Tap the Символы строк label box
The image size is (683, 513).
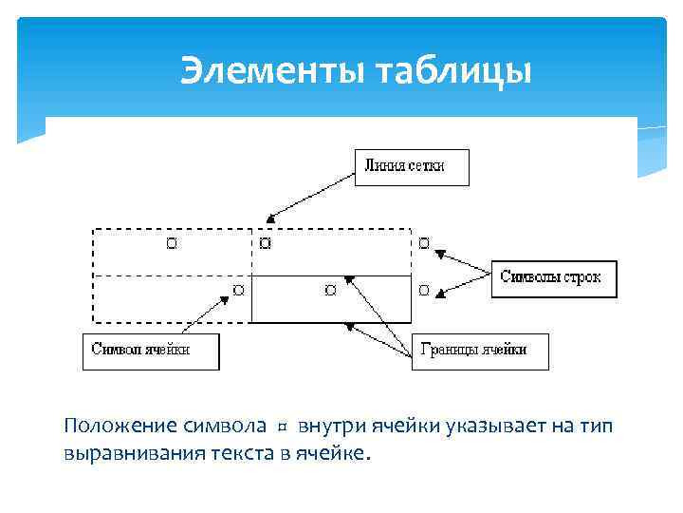[554, 278]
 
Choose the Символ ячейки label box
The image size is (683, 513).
[151, 350]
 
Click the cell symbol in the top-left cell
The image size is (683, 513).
[171, 244]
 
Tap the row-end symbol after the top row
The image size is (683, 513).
[423, 244]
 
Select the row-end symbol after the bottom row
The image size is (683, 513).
[423, 289]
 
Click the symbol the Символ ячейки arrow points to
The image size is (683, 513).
[238, 289]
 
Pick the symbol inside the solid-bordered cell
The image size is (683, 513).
[329, 289]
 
